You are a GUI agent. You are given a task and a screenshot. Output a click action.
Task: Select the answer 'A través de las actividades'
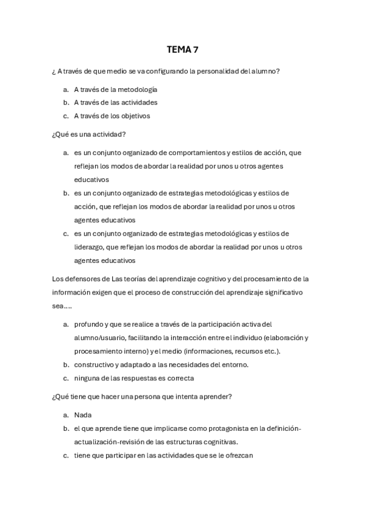click(x=116, y=102)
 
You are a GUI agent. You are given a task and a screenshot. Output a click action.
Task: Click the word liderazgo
click(x=88, y=247)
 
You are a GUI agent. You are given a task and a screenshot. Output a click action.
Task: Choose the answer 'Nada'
click(x=82, y=415)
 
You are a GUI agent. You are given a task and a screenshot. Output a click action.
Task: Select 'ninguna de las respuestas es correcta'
click(x=133, y=378)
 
